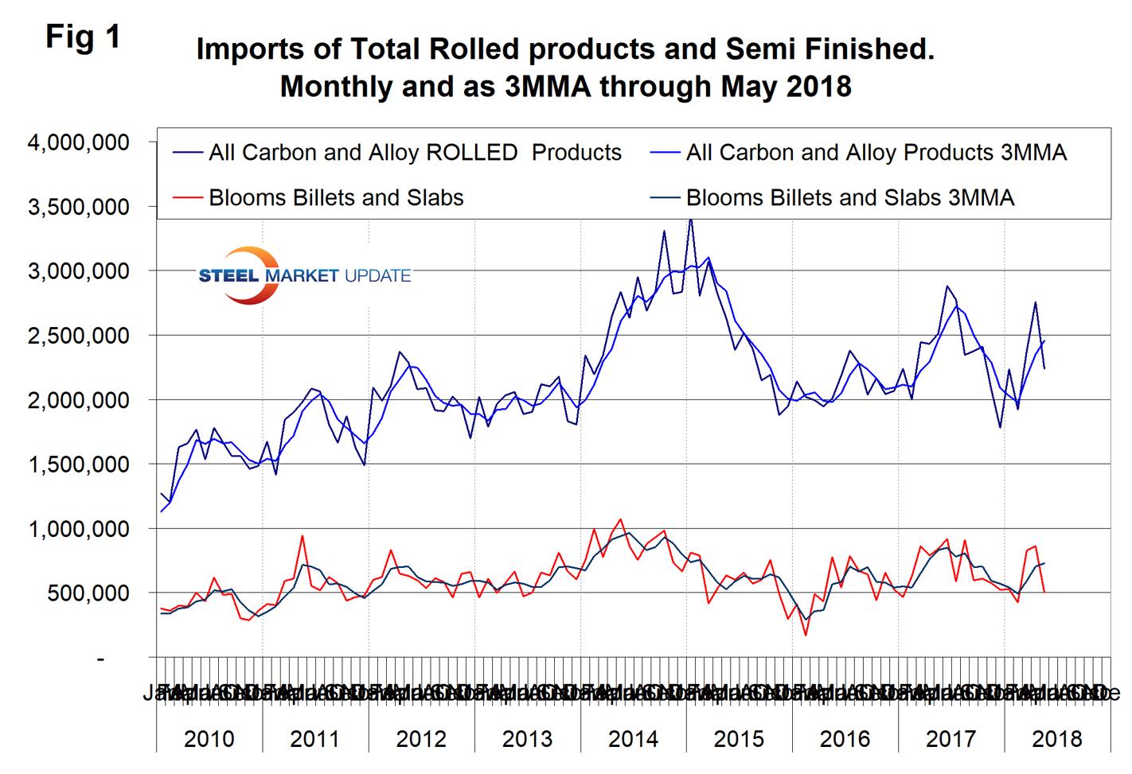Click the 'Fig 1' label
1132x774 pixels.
(83, 37)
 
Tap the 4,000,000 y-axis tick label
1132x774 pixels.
(79, 142)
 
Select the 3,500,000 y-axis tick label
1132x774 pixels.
(79, 207)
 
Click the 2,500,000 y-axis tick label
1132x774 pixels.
(79, 336)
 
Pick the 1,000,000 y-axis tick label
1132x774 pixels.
(79, 529)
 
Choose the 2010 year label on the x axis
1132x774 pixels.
(209, 739)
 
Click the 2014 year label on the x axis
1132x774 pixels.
(633, 739)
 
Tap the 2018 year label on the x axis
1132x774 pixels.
(1056, 739)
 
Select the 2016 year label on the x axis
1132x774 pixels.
(845, 739)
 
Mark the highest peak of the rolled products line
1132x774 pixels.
(690, 220)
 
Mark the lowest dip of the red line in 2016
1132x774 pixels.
(806, 635)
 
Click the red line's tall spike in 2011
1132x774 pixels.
(303, 536)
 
